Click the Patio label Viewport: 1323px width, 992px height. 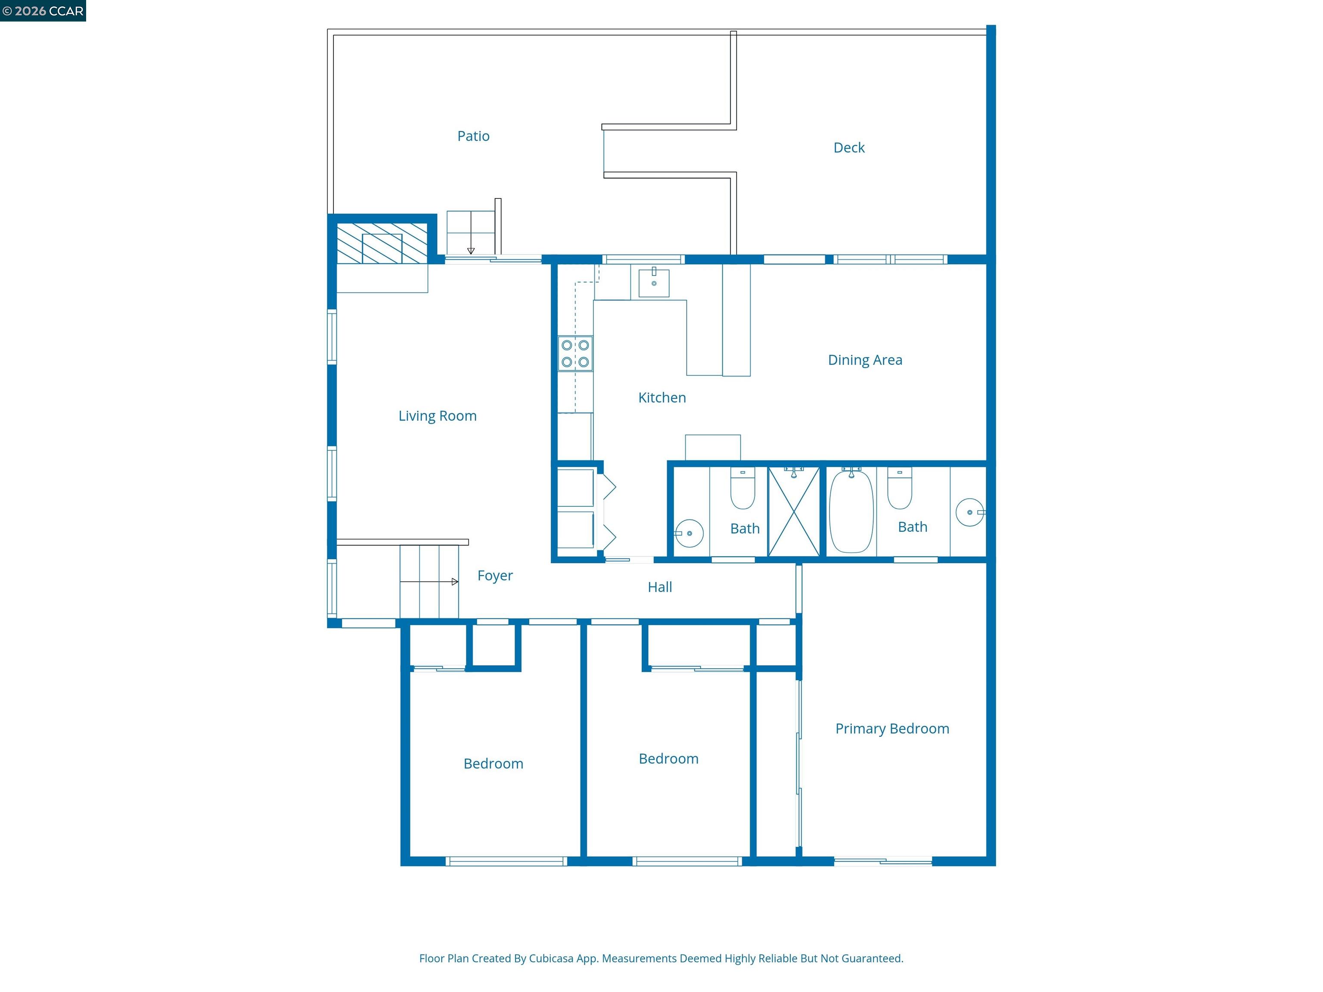(473, 136)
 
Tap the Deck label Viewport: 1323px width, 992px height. (849, 148)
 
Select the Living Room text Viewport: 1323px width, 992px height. (437, 416)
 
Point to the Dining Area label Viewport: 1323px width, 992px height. (865, 360)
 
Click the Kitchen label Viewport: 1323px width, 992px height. (661, 398)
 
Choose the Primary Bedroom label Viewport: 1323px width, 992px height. (892, 729)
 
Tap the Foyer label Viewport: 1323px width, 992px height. (495, 576)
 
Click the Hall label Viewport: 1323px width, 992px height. (660, 587)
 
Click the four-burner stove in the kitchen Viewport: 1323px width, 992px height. (575, 353)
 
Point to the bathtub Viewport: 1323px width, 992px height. (851, 511)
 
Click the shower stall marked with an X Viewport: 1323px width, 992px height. (794, 512)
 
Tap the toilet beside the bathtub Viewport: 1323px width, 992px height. (900, 488)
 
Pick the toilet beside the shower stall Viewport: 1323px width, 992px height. (743, 488)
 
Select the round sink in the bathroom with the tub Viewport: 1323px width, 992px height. (969, 512)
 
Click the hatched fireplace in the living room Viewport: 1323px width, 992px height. (382, 243)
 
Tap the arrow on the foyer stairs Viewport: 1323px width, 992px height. (429, 582)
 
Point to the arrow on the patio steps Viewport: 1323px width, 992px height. (471, 232)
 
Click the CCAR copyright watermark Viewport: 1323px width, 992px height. (43, 11)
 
